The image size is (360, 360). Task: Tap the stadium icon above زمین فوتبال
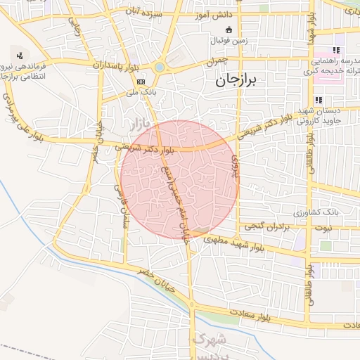229,30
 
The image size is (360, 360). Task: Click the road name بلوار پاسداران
116,65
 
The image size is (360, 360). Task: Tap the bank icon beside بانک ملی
141,81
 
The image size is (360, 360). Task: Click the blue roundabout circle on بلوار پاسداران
160,67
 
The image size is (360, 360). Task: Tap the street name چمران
213,63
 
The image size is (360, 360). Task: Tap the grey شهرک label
207,341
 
